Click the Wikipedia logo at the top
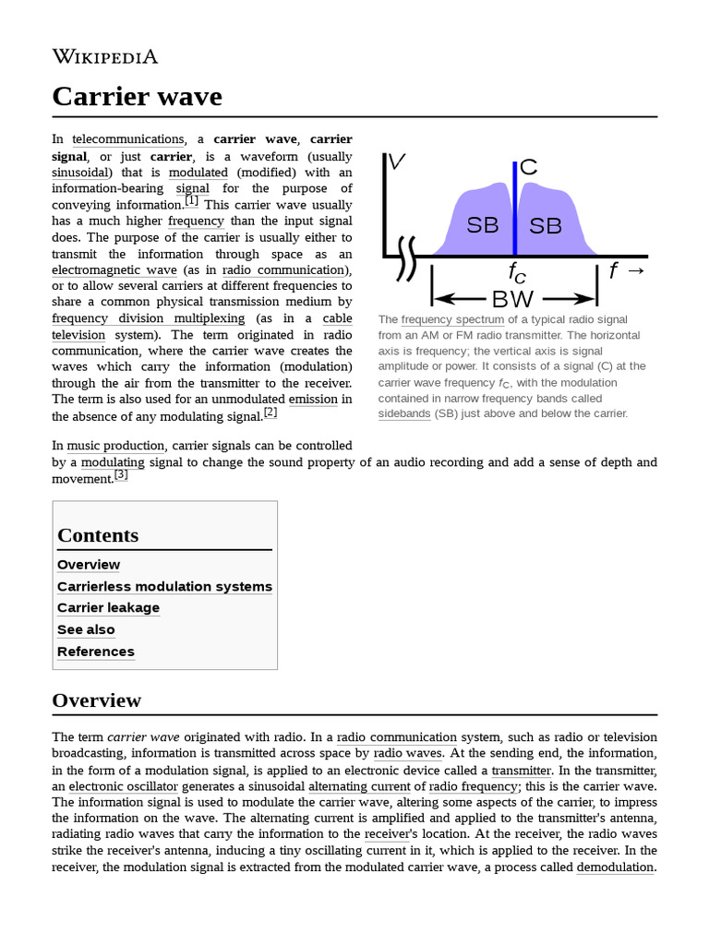[x=104, y=57]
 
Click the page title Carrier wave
[x=137, y=96]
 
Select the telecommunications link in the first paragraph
[x=128, y=140]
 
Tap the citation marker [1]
[x=191, y=200]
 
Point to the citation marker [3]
[x=121, y=474]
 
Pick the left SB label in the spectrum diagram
[x=482, y=224]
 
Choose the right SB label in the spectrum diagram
[x=546, y=225]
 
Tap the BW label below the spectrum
[x=513, y=298]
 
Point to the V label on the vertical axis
[x=397, y=162]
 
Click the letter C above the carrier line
[x=528, y=167]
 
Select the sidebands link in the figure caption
[x=403, y=414]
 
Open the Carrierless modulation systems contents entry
[x=164, y=587]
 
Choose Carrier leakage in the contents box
[x=108, y=608]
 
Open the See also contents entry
[x=86, y=630]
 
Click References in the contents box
[x=95, y=652]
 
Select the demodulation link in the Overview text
[x=615, y=867]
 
